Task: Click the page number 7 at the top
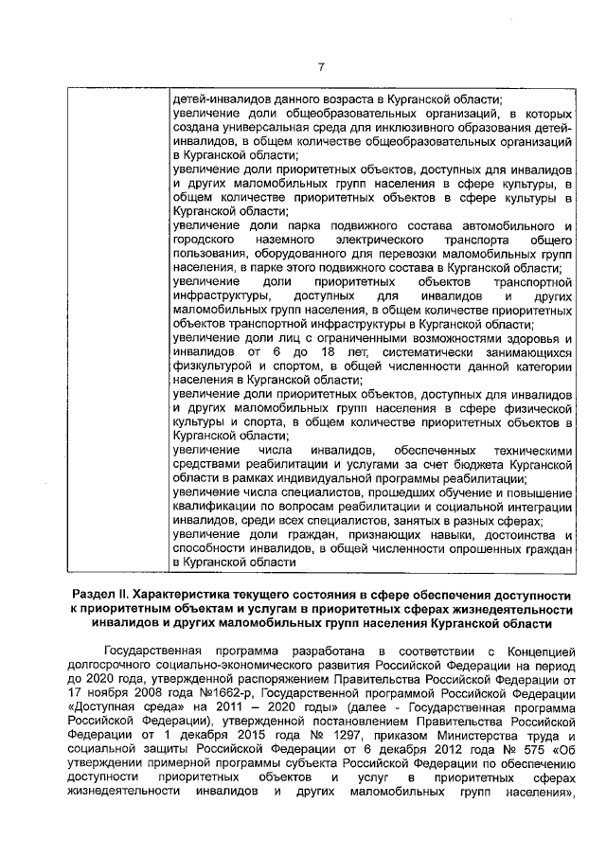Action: pos(320,66)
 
